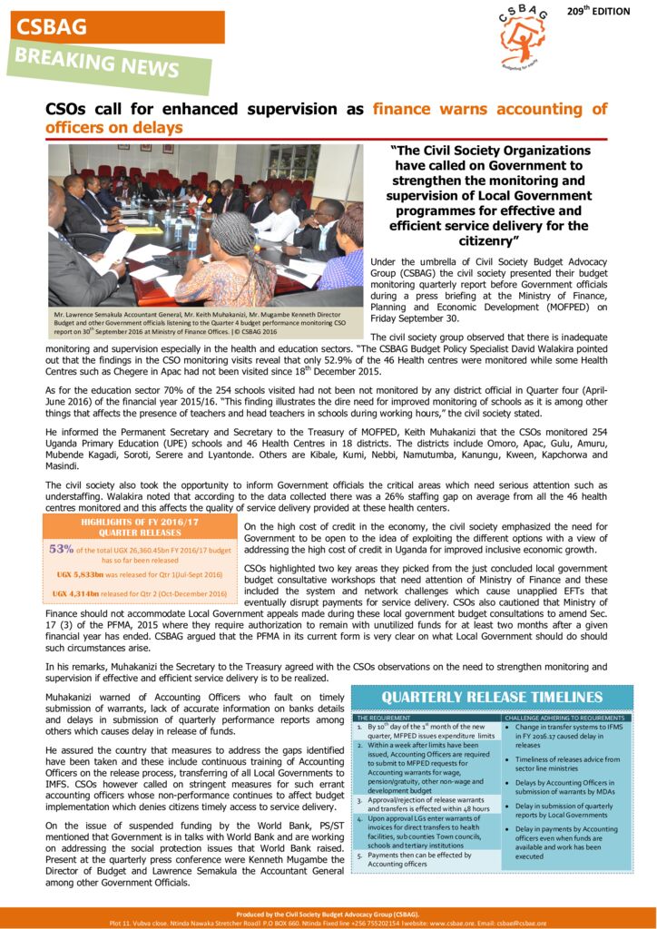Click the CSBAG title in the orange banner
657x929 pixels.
click(x=51, y=27)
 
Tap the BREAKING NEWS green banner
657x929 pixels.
click(x=96, y=63)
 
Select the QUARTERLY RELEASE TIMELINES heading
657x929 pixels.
click(x=492, y=697)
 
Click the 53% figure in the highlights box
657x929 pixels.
click(x=61, y=549)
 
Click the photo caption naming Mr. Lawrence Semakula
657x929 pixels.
click(x=200, y=320)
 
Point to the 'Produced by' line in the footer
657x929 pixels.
click(x=328, y=914)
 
